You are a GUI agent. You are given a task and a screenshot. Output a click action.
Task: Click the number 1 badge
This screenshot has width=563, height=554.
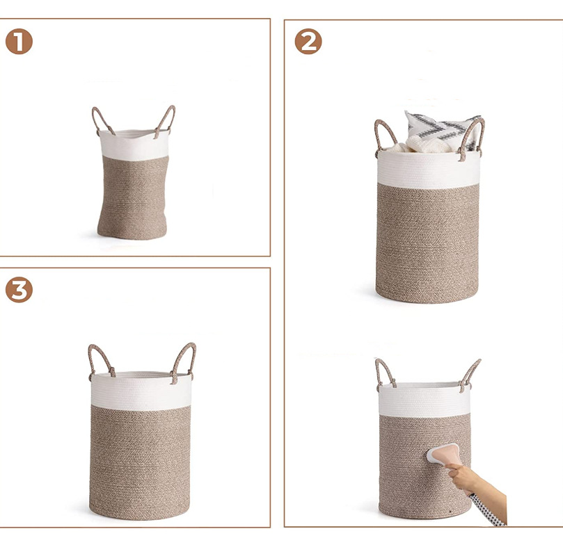pyautogui.click(x=19, y=42)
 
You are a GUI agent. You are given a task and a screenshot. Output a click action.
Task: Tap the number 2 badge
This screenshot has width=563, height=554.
pyautogui.click(x=308, y=42)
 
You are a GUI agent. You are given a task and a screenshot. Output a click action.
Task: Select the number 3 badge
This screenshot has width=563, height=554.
pyautogui.click(x=19, y=289)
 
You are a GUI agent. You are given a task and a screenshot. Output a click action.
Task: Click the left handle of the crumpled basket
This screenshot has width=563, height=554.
pyautogui.click(x=100, y=120)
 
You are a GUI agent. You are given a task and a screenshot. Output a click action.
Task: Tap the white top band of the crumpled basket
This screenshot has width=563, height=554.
pyautogui.click(x=134, y=143)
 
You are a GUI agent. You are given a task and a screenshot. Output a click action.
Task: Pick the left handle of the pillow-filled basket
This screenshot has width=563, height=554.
pyautogui.click(x=384, y=136)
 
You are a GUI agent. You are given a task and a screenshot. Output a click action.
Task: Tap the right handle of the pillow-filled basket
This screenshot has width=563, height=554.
pyautogui.click(x=473, y=135)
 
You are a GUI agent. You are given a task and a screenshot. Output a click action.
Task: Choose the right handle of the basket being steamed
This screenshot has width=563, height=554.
pyautogui.click(x=471, y=373)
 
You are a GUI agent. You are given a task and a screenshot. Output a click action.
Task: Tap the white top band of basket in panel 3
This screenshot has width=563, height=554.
pyautogui.click(x=141, y=390)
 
